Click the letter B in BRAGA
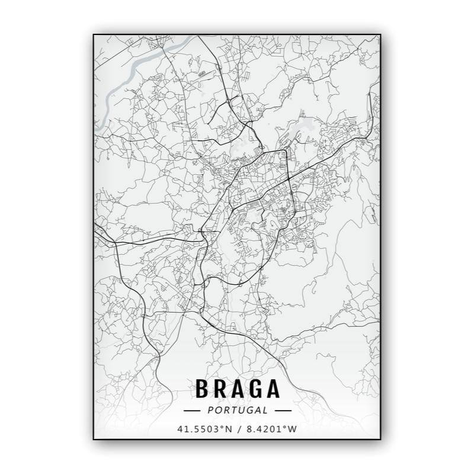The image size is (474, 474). tap(202, 389)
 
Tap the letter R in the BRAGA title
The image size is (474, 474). tap(220, 389)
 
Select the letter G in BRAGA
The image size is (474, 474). tap(255, 389)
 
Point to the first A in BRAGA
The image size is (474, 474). tap(238, 389)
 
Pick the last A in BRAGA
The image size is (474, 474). tap(273, 389)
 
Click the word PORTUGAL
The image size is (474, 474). tap(238, 409)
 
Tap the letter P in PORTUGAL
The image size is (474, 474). tap(210, 409)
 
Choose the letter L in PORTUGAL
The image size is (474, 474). tap(265, 409)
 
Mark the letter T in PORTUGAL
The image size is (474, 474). tap(232, 409)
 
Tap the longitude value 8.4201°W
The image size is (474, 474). tap(271, 428)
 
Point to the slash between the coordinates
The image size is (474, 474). tap(238, 428)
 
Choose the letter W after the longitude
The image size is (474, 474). tap(293, 428)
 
